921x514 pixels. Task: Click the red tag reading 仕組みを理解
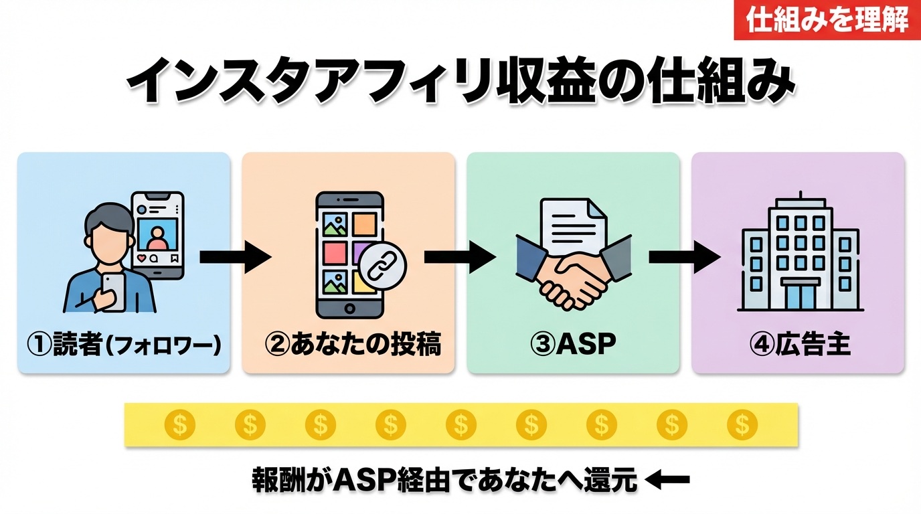pyautogui.click(x=827, y=20)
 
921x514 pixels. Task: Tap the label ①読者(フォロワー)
pyautogui.click(x=124, y=345)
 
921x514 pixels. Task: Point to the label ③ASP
pyautogui.click(x=573, y=345)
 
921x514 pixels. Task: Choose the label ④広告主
pyautogui.click(x=799, y=345)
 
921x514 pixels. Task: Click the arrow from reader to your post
pyautogui.click(x=235, y=257)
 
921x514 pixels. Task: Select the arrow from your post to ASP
pyautogui.click(x=460, y=257)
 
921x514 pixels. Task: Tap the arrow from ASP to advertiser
pyautogui.click(x=684, y=257)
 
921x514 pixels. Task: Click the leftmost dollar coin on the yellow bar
pyautogui.click(x=179, y=424)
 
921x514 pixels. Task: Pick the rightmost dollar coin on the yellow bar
pyautogui.click(x=742, y=424)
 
